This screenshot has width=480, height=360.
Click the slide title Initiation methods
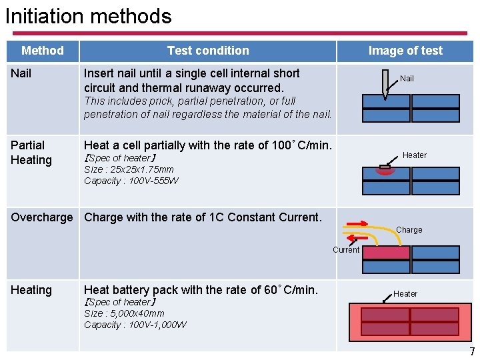(x=88, y=15)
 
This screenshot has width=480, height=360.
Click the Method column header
(x=43, y=51)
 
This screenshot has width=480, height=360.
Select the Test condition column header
(x=208, y=51)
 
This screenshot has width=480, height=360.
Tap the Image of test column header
(x=405, y=51)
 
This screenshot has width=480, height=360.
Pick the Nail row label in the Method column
(x=21, y=73)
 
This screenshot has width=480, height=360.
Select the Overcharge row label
(x=42, y=217)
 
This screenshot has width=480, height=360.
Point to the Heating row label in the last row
(x=31, y=290)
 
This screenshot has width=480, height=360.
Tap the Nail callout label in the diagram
(x=407, y=79)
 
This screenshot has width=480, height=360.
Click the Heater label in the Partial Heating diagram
(x=414, y=155)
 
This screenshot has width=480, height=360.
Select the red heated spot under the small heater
(x=385, y=171)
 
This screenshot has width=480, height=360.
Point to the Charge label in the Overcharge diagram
(x=409, y=230)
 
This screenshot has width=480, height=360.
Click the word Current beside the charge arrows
(x=346, y=250)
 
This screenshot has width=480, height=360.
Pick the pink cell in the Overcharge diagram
(x=385, y=253)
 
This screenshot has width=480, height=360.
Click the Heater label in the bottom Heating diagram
(x=405, y=294)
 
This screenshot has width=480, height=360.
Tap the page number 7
(x=472, y=351)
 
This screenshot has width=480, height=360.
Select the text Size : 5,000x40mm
(x=124, y=313)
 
